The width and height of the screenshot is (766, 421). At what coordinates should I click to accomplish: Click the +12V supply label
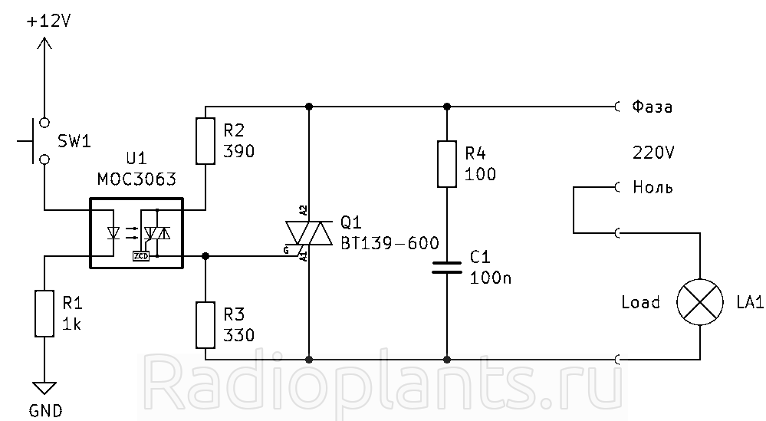[x=49, y=21]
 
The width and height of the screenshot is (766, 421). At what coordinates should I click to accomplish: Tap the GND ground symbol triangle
[x=44, y=388]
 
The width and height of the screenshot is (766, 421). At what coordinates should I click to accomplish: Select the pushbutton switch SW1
[x=37, y=140]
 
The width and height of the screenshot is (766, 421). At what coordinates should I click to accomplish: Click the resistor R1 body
[x=44, y=314]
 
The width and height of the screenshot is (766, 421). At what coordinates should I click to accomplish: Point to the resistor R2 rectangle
[x=205, y=140]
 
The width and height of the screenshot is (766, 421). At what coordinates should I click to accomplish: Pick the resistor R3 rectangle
[x=205, y=325]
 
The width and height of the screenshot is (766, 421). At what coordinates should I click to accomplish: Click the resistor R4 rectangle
[x=446, y=164]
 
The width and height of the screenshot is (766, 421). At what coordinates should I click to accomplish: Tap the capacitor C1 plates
[x=446, y=267]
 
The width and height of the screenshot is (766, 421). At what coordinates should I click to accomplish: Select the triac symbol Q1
[x=309, y=232]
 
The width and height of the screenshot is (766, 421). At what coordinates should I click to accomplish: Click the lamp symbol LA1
[x=699, y=302]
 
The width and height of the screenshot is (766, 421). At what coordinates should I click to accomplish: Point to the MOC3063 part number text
[x=136, y=179]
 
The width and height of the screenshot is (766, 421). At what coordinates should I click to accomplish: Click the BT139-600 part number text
[x=390, y=243]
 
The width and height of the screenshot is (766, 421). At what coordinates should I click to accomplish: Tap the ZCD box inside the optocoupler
[x=140, y=255]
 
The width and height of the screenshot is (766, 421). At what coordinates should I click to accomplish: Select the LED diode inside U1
[x=113, y=232]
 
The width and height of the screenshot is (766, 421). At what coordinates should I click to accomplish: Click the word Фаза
[x=653, y=107]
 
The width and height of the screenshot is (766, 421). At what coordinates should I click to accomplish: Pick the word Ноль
[x=653, y=187]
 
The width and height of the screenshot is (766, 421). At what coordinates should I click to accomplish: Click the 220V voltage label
[x=653, y=153]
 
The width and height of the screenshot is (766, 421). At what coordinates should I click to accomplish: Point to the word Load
[x=640, y=302]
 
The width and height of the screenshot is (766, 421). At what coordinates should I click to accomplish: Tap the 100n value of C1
[x=491, y=278]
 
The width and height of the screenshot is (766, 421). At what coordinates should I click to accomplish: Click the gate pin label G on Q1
[x=286, y=251]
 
